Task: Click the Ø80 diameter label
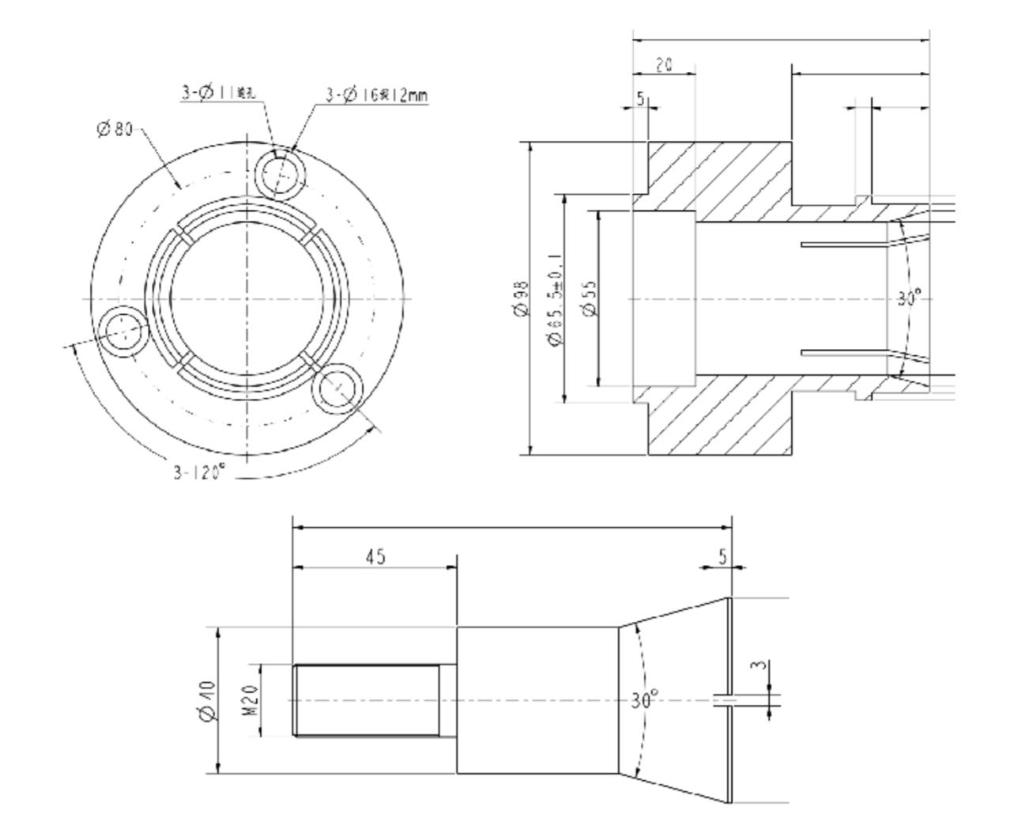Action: point(115,129)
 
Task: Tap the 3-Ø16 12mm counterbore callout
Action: point(376,96)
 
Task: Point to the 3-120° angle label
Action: point(199,472)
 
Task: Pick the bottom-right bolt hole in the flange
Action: point(337,388)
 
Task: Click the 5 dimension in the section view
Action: point(641,99)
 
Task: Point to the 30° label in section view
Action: point(910,299)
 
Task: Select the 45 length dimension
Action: point(375,556)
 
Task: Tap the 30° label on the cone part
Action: point(645,700)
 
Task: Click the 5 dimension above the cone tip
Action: point(722,556)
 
